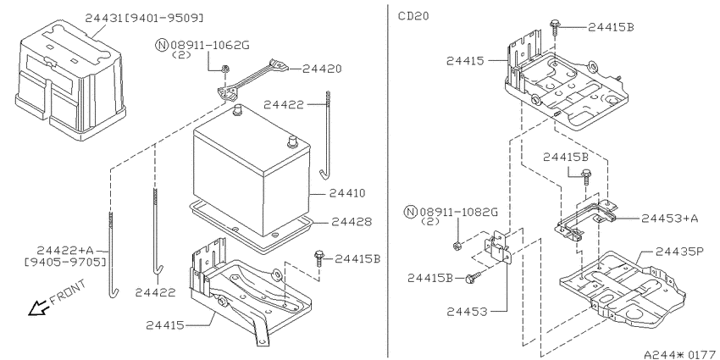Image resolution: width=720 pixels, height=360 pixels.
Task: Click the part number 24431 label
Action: click(104, 18)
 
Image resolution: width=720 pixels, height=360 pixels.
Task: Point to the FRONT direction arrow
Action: click(37, 307)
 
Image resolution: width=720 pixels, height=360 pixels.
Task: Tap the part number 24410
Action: click(346, 193)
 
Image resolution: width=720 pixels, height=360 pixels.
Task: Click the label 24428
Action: click(352, 222)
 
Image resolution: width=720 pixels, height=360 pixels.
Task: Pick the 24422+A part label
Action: click(65, 250)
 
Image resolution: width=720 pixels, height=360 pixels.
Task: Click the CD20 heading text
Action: click(413, 16)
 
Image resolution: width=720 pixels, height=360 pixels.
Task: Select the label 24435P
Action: click(679, 252)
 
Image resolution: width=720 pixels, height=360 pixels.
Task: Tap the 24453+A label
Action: click(669, 219)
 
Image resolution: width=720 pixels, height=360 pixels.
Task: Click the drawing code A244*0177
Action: click(681, 354)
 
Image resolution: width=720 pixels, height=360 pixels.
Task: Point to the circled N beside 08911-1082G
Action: click(410, 212)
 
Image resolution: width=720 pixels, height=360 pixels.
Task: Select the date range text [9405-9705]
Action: click(65, 263)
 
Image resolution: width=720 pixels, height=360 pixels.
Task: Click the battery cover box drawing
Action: click(70, 80)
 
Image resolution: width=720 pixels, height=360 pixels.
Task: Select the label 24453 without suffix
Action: click(467, 312)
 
